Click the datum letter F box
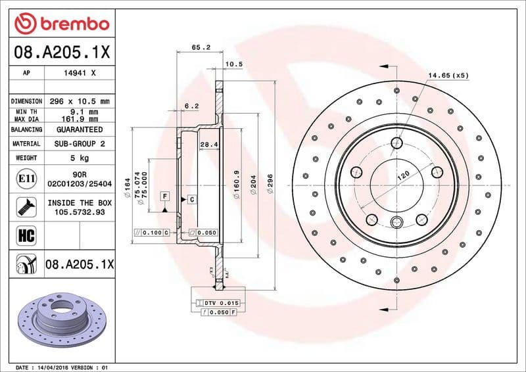tap(164, 197)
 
